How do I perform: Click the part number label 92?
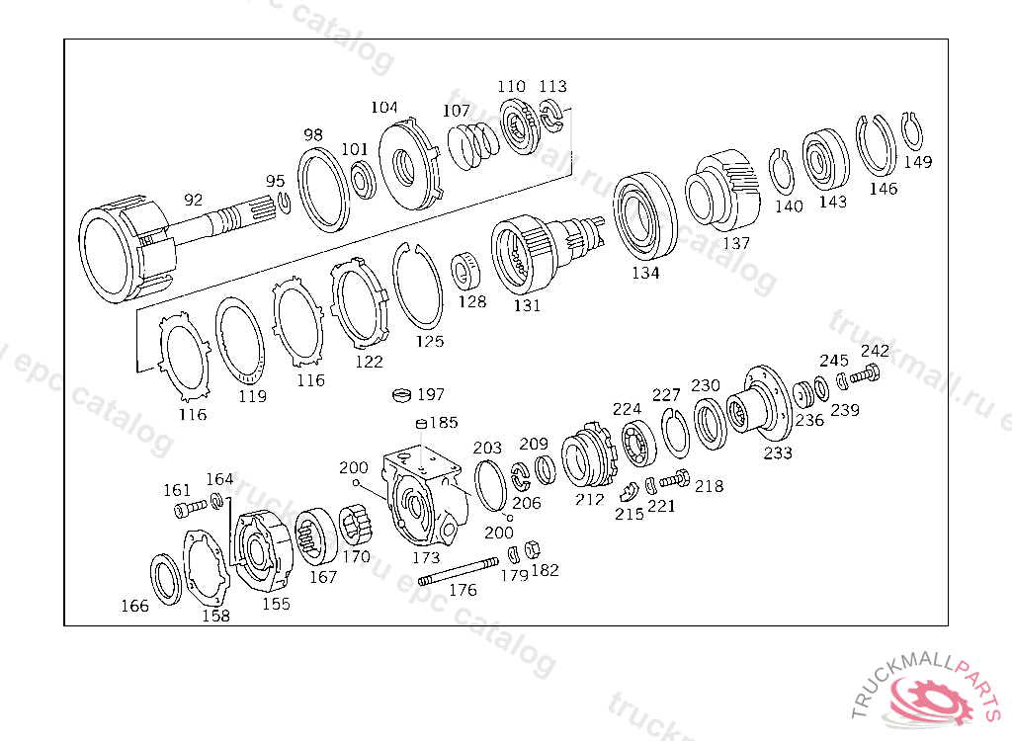(193, 200)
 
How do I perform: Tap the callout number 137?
(736, 242)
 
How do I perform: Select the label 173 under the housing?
(426, 558)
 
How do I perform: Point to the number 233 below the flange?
(778, 453)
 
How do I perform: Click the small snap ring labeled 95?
(284, 203)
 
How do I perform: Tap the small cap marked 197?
(400, 396)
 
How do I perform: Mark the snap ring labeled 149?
(914, 131)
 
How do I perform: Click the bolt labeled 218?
(675, 480)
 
